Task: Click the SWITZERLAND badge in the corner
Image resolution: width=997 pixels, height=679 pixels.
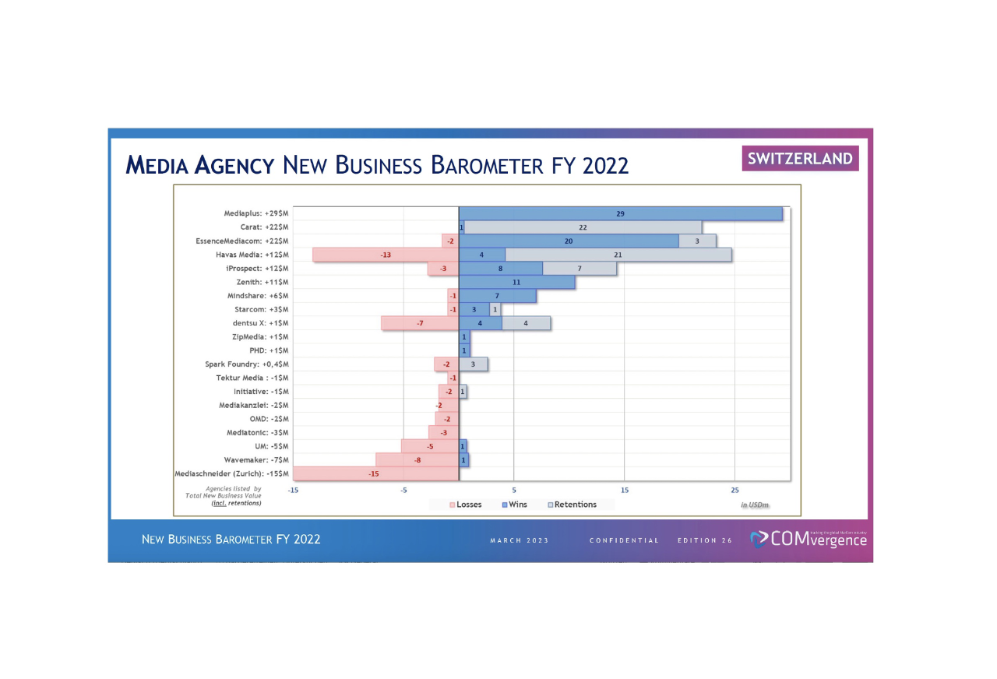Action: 801,159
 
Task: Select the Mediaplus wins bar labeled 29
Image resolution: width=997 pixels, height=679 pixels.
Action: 620,213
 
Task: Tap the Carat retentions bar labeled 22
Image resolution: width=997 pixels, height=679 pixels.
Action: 583,227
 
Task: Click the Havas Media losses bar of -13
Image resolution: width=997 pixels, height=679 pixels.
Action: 386,255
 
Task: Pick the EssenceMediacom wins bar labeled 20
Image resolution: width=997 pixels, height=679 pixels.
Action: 569,241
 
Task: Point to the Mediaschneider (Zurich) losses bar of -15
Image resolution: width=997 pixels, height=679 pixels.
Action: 374,473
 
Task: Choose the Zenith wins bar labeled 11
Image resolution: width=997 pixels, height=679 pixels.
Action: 516,282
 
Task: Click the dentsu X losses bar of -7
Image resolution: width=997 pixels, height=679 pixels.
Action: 420,323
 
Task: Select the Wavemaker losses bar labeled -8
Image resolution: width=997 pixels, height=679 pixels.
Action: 417,460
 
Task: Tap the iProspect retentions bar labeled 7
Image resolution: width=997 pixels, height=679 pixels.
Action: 580,269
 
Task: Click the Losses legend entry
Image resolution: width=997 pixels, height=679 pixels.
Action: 465,505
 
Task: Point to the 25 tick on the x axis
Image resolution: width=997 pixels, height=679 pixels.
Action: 735,490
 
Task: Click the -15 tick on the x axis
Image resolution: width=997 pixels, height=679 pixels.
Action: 293,490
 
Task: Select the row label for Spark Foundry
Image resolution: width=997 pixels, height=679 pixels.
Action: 246,364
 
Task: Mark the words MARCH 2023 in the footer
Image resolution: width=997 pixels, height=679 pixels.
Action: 520,540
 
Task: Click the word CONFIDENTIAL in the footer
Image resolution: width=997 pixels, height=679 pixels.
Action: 624,540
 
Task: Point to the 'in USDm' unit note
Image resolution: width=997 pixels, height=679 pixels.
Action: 754,505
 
